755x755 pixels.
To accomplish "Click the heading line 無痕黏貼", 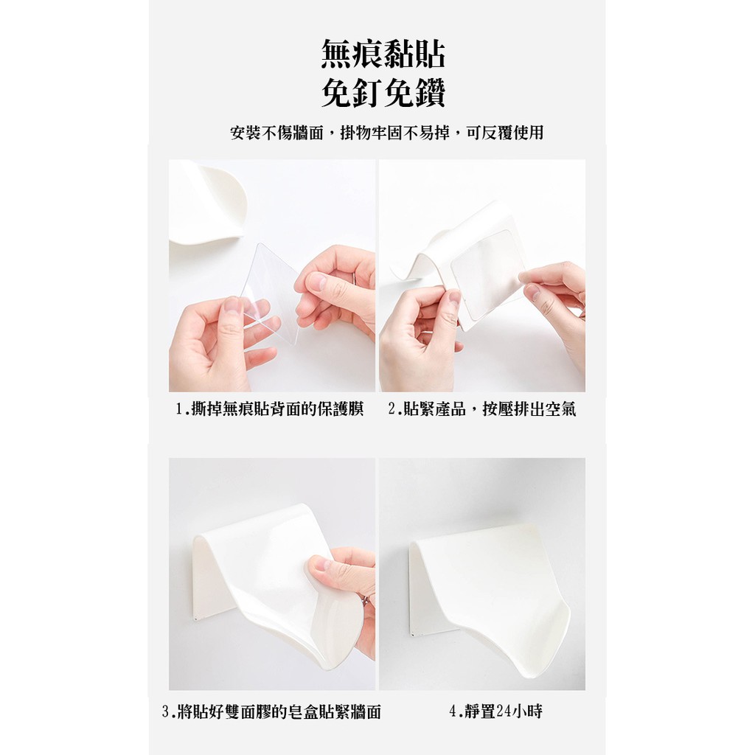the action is pos(383,54).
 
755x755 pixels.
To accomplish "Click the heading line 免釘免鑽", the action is pos(383,92).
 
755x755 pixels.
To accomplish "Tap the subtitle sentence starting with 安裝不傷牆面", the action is pos(386,133).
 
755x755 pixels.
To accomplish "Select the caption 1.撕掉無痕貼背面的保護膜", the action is pos(270,409).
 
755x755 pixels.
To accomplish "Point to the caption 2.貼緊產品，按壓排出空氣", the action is pos(482,409).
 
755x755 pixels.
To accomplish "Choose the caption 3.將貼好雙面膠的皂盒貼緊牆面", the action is pos(271,711).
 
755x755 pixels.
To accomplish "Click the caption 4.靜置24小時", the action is pos(495,711).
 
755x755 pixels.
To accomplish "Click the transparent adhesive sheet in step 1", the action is pos(271,293).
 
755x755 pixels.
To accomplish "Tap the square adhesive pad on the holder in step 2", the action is pos(487,276).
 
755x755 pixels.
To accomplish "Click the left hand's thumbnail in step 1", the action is pos(232,306).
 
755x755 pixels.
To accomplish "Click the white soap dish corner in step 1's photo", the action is pos(207,202).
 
